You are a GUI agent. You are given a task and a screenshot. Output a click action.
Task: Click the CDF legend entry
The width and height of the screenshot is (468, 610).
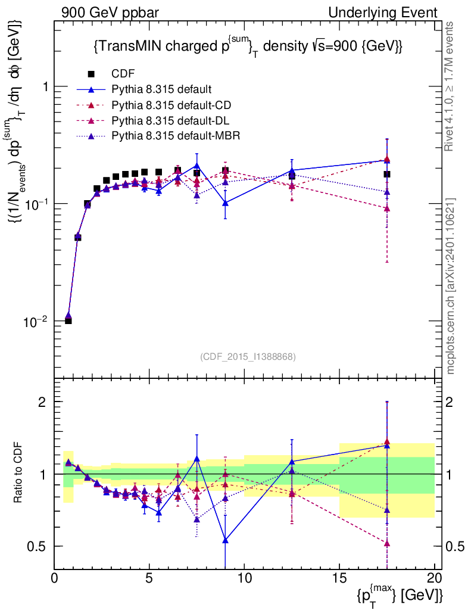point(123,74)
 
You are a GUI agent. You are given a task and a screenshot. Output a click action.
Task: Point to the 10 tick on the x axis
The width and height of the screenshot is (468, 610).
point(244,578)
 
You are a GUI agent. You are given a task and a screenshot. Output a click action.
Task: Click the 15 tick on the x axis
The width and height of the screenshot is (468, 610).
point(339,578)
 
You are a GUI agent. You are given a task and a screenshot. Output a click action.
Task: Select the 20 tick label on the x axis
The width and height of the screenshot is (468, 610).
point(434,578)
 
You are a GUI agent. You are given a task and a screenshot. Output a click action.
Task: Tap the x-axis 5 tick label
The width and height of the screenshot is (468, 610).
point(149,578)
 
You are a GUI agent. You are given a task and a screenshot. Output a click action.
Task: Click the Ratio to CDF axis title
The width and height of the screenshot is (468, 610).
point(18,474)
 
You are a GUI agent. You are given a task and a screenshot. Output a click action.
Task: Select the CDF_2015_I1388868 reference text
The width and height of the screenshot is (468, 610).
point(247,356)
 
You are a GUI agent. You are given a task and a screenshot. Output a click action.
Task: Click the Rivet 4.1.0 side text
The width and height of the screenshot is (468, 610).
point(450,83)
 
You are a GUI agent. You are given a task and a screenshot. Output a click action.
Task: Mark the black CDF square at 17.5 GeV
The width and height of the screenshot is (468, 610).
point(387,174)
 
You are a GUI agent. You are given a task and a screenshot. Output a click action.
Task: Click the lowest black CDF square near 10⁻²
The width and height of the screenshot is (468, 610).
point(68,321)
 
